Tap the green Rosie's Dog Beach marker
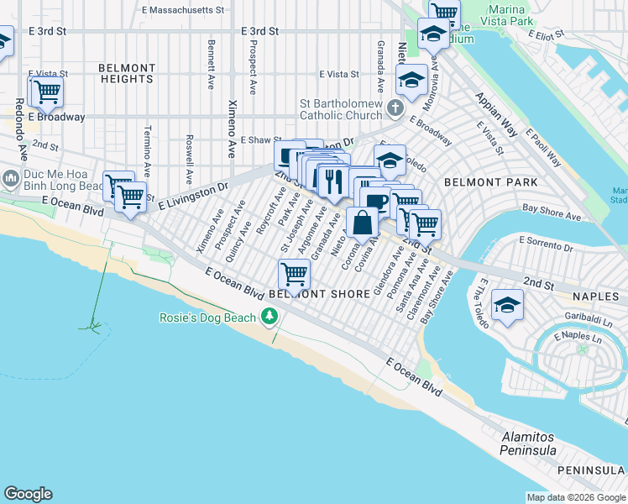click(270, 317)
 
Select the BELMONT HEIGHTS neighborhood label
click(127, 74)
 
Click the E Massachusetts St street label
click(184, 10)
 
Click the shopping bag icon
click(363, 224)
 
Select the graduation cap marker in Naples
click(507, 305)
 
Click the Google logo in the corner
click(28, 494)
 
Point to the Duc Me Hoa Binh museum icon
click(10, 179)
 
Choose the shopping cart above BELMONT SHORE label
click(294, 273)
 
